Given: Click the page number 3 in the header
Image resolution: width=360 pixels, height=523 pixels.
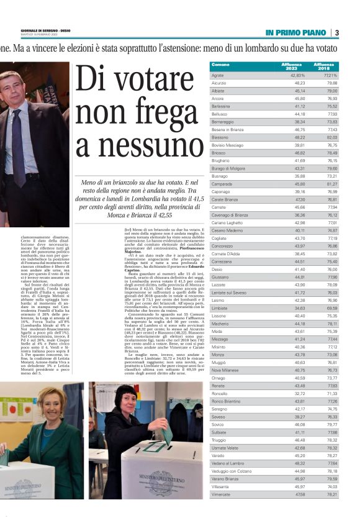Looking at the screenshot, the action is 336,33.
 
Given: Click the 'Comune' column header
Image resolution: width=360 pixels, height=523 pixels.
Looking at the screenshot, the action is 220,65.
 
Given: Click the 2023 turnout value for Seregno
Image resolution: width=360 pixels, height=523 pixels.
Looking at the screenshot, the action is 299,409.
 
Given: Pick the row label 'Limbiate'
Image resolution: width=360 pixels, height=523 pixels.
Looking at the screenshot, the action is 220,308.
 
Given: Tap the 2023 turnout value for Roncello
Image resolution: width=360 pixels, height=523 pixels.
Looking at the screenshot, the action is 299,393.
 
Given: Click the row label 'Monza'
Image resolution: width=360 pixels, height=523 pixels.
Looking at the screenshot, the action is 218,355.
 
